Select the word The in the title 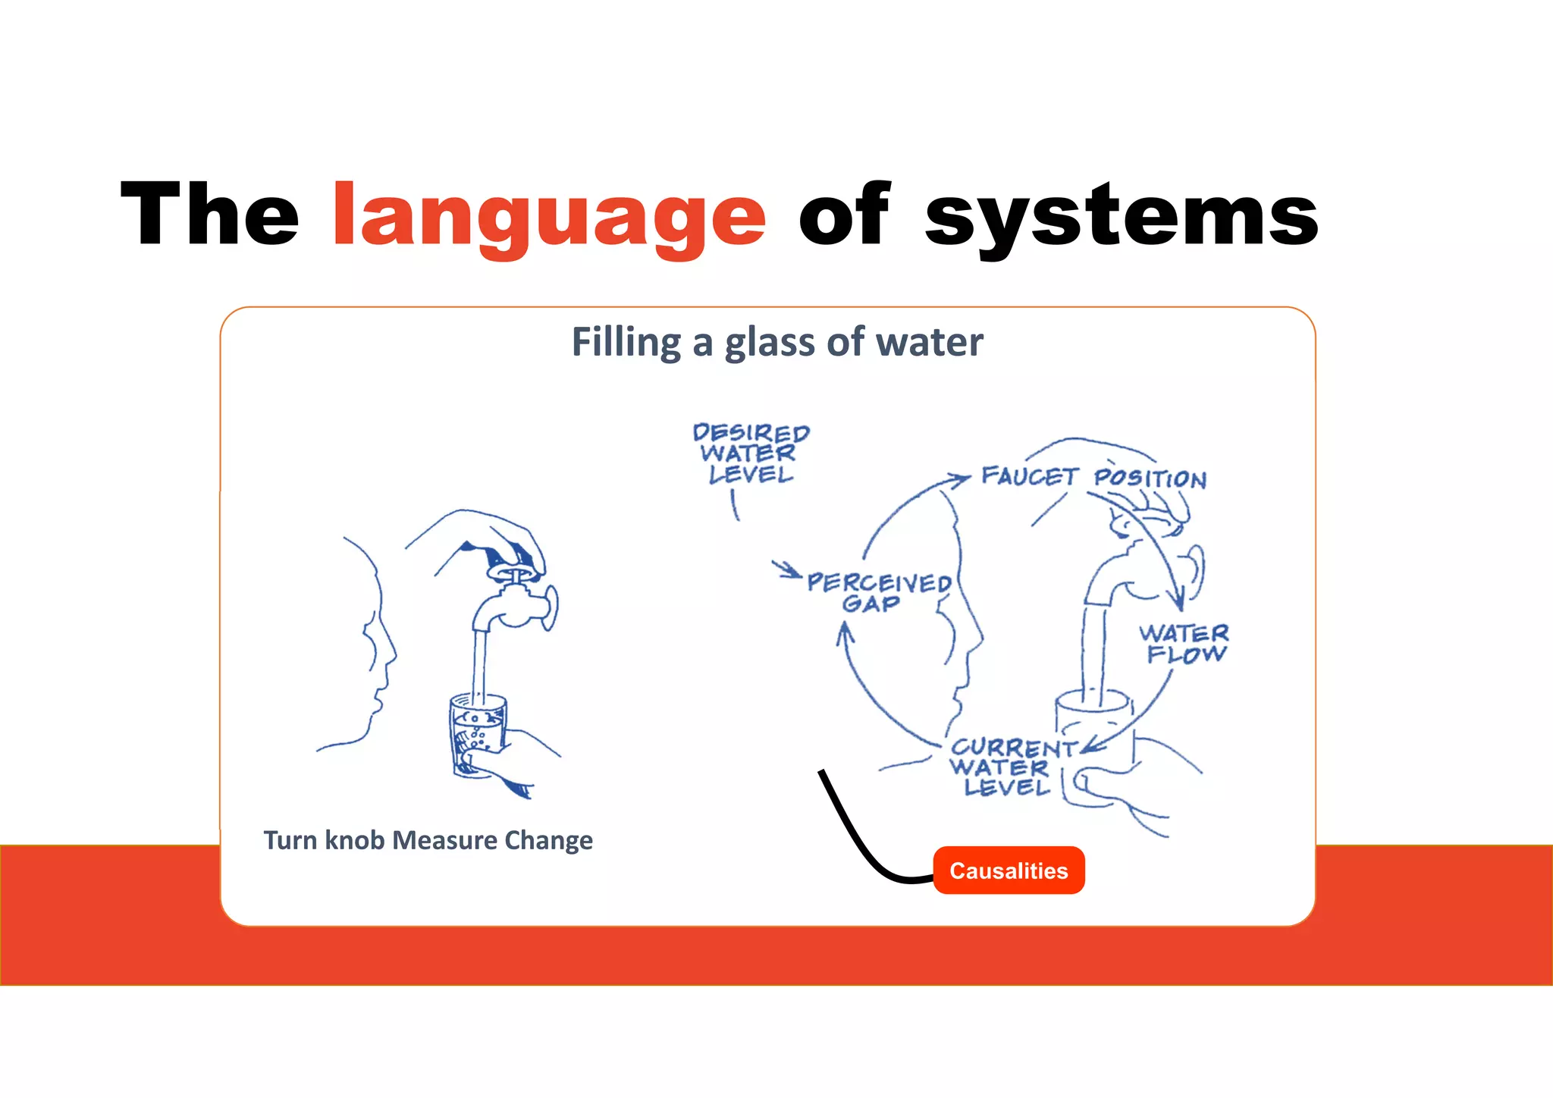tap(209, 215)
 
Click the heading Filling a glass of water tap(777, 342)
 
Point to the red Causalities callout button tap(1009, 871)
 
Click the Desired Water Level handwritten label tap(750, 453)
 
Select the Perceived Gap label tap(878, 592)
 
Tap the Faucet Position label tap(1093, 477)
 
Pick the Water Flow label tap(1184, 643)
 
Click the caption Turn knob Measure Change tap(428, 840)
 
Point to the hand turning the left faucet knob tap(493, 538)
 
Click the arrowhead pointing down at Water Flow tap(1178, 603)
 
